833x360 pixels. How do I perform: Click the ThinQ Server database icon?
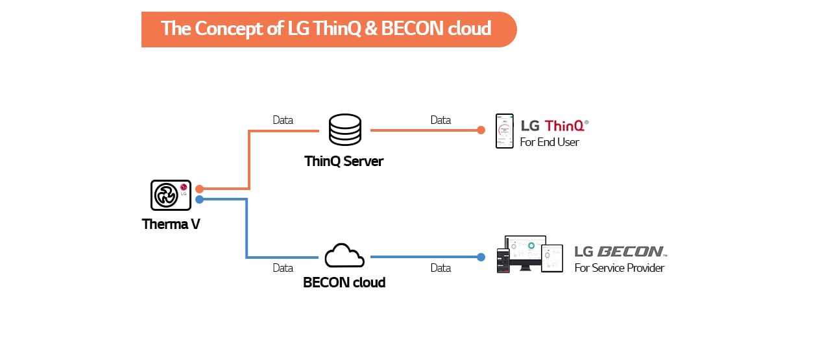[x=344, y=130]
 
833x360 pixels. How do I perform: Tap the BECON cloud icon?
[x=344, y=256]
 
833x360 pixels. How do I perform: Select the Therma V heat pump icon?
[x=171, y=195]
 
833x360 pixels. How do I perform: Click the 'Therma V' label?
[x=171, y=225]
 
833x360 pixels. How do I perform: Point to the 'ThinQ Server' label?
[x=344, y=161]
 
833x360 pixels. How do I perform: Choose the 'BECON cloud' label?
[x=344, y=283]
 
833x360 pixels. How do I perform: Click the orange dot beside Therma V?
[x=200, y=189]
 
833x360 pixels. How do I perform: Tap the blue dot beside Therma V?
[x=200, y=200]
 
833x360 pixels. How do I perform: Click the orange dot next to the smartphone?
[x=481, y=130]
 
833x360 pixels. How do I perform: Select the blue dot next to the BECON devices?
[x=481, y=257]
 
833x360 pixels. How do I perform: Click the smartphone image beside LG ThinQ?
[x=505, y=131]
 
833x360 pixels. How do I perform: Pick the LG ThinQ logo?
[x=555, y=125]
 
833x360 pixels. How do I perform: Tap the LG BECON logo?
[x=620, y=252]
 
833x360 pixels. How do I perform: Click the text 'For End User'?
[x=549, y=142]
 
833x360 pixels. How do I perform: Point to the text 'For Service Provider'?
[x=619, y=268]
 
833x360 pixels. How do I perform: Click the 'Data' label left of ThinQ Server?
[x=283, y=120]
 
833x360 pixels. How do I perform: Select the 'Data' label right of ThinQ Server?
[x=441, y=120]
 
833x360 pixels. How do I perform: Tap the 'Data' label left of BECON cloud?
[x=283, y=268]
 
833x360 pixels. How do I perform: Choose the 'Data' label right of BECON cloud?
[x=441, y=268]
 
